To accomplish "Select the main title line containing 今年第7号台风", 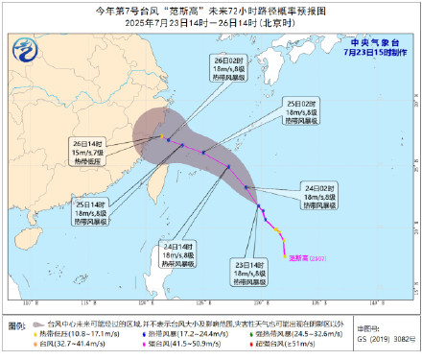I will (210, 9).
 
